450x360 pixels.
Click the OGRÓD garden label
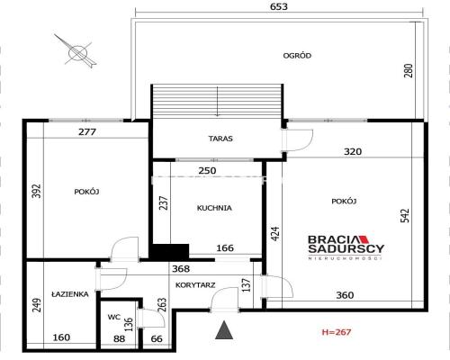point(297,56)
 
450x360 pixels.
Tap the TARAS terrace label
point(220,139)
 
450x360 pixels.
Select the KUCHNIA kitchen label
point(214,208)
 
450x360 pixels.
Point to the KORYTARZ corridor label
point(195,285)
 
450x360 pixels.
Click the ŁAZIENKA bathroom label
point(70,294)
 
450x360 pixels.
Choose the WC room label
point(114,317)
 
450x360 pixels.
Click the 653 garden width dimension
point(279,6)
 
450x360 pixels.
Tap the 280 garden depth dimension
point(409,70)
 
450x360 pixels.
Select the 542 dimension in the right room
point(405,216)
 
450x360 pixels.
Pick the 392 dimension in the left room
point(37,191)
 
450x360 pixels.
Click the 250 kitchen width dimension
point(207,171)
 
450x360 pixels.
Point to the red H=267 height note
point(337,332)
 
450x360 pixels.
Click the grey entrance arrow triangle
point(224,331)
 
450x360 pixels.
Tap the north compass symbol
point(78,52)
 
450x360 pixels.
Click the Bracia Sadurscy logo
point(346,247)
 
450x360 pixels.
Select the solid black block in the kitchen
point(169,251)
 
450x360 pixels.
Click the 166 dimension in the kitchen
point(225,248)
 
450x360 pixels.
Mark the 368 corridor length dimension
point(181,269)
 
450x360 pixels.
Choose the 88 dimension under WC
point(119,338)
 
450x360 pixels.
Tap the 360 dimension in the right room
point(345,295)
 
